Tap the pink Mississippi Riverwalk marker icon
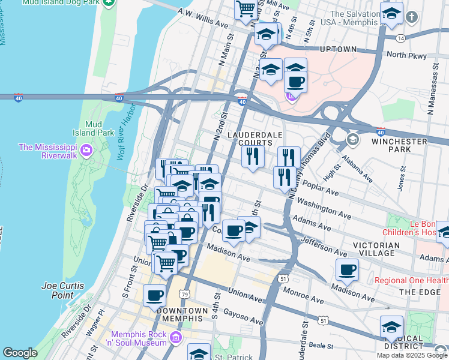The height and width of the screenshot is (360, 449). [86, 149]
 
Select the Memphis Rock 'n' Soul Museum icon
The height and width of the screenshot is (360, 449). [175, 338]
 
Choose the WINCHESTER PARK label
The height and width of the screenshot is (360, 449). [399, 145]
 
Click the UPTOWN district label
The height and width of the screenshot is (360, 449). [338, 50]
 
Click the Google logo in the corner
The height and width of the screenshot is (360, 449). [19, 353]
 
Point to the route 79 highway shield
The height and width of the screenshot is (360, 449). [185, 295]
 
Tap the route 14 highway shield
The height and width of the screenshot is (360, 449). [400, 37]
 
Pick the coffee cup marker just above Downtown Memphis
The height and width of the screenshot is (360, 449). [155, 295]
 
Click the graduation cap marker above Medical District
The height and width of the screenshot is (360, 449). [391, 327]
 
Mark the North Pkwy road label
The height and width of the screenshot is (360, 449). [407, 55]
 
